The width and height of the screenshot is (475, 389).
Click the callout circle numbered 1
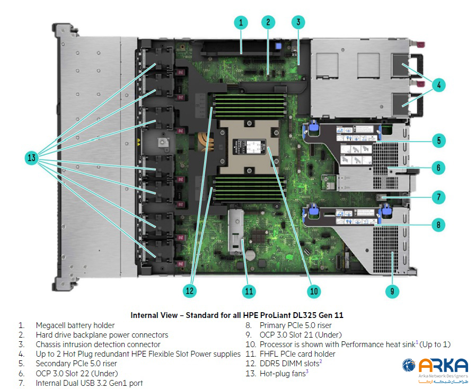click(241, 22)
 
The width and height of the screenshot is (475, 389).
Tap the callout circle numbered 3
click(298, 22)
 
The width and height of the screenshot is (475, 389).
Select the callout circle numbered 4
click(438, 84)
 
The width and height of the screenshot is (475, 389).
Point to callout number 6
click(438, 168)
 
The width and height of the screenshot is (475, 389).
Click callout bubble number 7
click(438, 197)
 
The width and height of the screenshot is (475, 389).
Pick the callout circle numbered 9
click(392, 290)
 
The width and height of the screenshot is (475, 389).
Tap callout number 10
click(314, 290)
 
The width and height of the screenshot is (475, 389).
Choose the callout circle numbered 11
click(249, 290)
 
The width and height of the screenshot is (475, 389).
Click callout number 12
click(190, 290)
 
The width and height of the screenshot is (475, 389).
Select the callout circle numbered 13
click(32, 157)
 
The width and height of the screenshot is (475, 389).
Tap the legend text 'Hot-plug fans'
click(282, 373)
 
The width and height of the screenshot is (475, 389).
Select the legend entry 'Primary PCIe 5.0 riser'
click(295, 325)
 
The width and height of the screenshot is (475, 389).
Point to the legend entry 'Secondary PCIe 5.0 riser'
click(76, 364)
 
